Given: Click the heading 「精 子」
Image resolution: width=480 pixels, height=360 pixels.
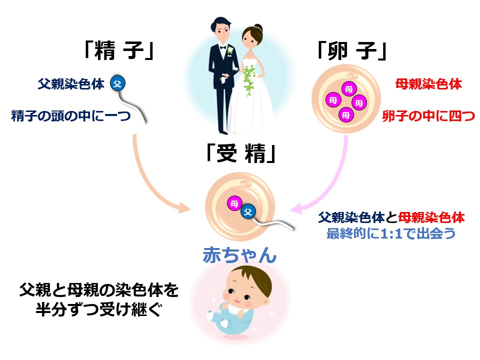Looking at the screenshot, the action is pyautogui.click(x=118, y=50).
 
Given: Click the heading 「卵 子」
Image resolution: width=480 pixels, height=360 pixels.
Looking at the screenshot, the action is pyautogui.click(x=351, y=50).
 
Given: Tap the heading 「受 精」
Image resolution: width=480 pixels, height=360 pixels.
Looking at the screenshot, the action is pyautogui.click(x=241, y=153).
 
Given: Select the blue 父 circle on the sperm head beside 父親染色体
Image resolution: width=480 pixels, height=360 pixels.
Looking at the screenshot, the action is pyautogui.click(x=118, y=83).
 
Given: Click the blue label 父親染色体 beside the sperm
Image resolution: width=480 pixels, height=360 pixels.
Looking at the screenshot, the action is pyautogui.click(x=71, y=83).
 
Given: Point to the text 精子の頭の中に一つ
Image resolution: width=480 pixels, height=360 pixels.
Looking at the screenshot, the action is pyautogui.click(x=71, y=116).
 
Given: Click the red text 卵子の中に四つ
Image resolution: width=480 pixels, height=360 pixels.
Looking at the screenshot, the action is pyautogui.click(x=428, y=116).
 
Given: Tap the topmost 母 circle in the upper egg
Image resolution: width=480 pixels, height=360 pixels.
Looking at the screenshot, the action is pyautogui.click(x=349, y=89).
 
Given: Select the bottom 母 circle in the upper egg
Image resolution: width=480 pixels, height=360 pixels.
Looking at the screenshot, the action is pyautogui.click(x=346, y=115).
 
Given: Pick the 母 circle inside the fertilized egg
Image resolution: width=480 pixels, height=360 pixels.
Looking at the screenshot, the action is pyautogui.click(x=235, y=203).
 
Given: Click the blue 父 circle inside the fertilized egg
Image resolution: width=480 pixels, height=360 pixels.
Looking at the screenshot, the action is pyautogui.click(x=248, y=211).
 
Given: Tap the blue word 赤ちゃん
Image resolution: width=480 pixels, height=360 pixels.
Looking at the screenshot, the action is pyautogui.click(x=239, y=255).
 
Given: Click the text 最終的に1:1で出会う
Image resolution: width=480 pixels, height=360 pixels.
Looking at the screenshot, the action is pyautogui.click(x=391, y=233).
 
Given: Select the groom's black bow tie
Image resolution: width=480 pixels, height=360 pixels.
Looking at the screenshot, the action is pyautogui.click(x=222, y=47).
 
